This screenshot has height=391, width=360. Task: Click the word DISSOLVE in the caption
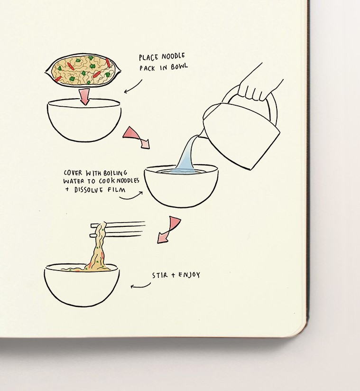(x=88, y=190)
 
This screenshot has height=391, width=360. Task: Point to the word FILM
(x=116, y=190)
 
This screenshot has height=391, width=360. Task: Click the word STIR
(x=160, y=275)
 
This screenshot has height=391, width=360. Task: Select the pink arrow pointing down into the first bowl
(x=84, y=97)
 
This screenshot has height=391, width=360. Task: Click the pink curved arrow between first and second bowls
(x=138, y=137)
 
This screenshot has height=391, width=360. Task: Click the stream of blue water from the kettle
(x=187, y=155)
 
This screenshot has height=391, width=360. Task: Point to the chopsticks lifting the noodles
(x=117, y=229)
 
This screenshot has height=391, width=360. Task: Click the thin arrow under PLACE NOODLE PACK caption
(x=133, y=87)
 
